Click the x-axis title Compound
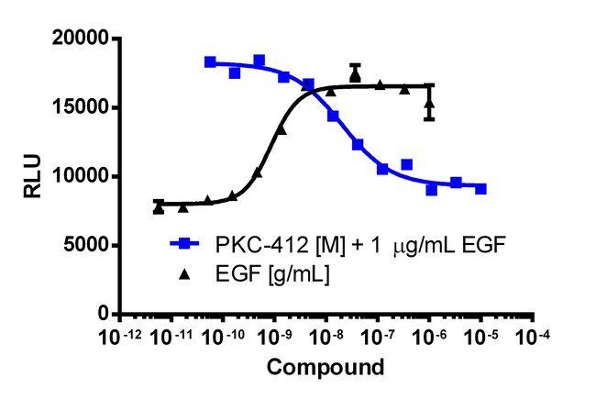pyautogui.click(x=326, y=368)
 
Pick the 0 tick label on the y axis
pyautogui.click(x=102, y=314)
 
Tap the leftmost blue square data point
pyautogui.click(x=210, y=62)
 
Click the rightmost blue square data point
pyautogui.click(x=480, y=189)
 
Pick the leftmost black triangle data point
pyautogui.click(x=159, y=208)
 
